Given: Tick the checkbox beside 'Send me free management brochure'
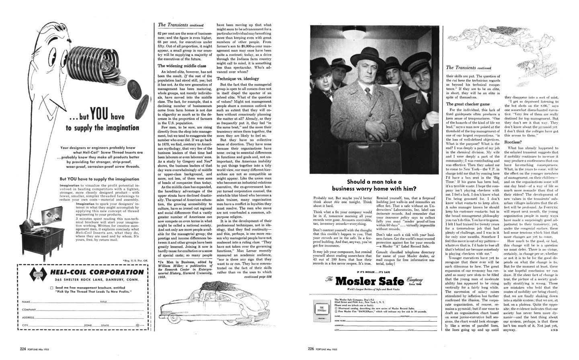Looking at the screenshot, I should [52, 288].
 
